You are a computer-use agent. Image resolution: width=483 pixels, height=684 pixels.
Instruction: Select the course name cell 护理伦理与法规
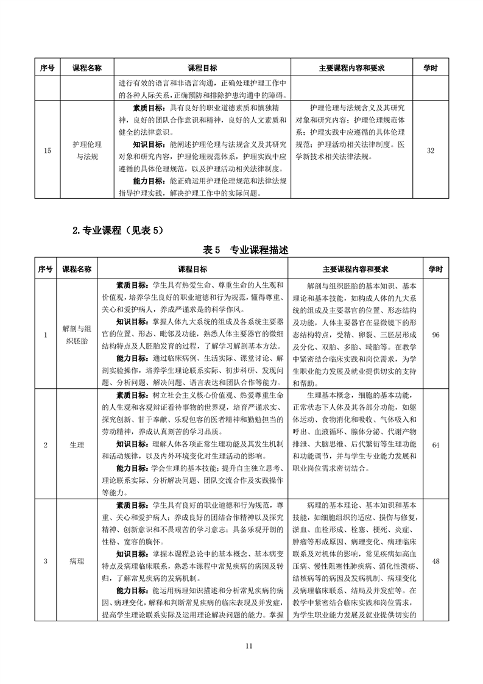click(86, 150)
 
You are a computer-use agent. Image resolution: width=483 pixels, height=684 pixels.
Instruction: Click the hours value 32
click(431, 151)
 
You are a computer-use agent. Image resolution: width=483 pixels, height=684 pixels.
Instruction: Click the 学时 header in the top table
click(431, 68)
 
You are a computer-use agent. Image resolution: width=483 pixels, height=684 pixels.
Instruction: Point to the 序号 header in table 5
click(46, 269)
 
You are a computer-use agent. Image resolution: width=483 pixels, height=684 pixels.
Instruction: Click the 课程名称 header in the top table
click(86, 68)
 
